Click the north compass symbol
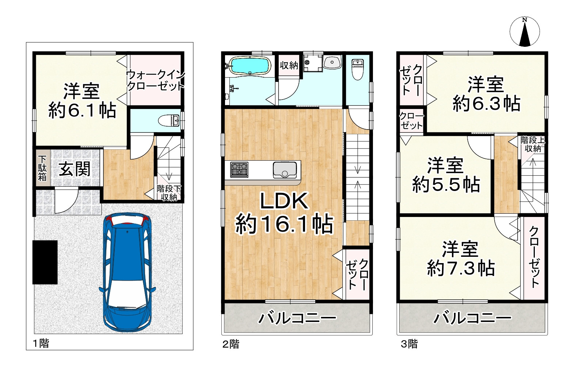click(x=525, y=32)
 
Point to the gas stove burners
click(x=239, y=170)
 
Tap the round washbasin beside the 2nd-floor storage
click(x=332, y=62)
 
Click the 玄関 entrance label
click(x=75, y=169)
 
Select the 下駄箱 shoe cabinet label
click(x=43, y=168)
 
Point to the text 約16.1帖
click(x=284, y=224)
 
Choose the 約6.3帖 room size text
click(x=486, y=104)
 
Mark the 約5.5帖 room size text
click(x=446, y=184)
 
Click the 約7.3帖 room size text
click(x=461, y=268)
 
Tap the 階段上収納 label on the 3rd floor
click(x=533, y=144)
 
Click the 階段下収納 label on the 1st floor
click(x=169, y=193)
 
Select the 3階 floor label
click(x=409, y=344)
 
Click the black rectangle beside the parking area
click(x=45, y=262)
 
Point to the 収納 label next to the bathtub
click(x=289, y=65)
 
